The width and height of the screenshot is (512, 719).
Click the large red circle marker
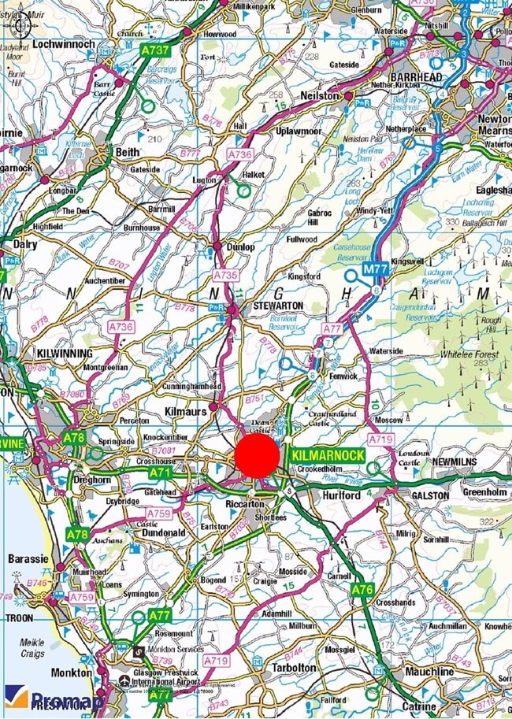point(257,456)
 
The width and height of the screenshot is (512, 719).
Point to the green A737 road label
point(155,50)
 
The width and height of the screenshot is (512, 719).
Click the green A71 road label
point(161,472)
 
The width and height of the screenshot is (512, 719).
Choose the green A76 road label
point(362,589)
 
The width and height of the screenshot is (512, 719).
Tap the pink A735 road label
point(226,276)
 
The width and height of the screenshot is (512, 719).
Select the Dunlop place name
point(241,246)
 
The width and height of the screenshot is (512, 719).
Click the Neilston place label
point(320,95)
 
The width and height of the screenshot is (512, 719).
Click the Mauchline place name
point(429,672)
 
